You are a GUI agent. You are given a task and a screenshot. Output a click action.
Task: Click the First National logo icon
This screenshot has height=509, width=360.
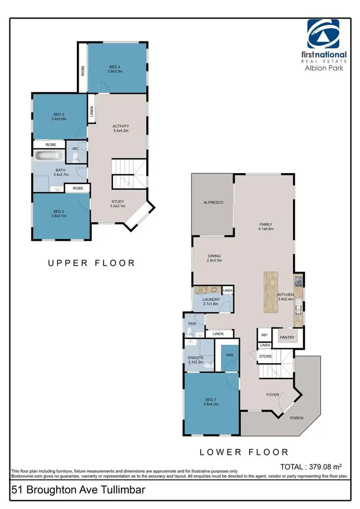coord(323,35)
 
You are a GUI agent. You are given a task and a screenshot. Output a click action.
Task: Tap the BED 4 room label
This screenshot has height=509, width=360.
coord(115,67)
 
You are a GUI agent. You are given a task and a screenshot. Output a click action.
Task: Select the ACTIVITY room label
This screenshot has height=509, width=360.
coord(120,126)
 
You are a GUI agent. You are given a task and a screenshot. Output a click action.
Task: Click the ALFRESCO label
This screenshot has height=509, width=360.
coord(213,203)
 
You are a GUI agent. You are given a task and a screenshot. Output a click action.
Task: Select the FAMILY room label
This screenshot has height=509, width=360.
coord(265,225)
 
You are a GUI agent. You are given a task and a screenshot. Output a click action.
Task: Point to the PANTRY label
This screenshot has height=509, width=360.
coord(288,337)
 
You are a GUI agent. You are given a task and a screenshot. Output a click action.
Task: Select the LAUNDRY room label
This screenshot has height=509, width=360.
coord(211,300)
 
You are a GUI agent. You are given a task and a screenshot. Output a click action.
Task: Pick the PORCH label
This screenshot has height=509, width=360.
coord(297,418)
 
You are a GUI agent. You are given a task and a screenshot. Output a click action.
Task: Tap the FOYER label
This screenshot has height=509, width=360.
coord(273,395)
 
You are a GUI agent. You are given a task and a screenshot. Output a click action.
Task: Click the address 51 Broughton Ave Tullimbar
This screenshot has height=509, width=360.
coord(77,490)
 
